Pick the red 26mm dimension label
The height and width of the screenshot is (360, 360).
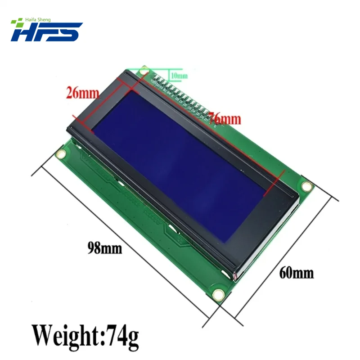(x=82, y=93)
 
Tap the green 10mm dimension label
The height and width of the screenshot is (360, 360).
(x=178, y=76)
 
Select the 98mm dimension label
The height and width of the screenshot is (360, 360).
(x=105, y=247)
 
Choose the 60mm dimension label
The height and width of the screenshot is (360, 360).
(x=297, y=272)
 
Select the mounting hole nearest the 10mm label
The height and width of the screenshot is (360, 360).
(x=144, y=70)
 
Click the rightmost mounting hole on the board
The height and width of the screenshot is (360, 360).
(x=306, y=185)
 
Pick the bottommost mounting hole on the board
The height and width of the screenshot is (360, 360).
(x=219, y=295)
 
